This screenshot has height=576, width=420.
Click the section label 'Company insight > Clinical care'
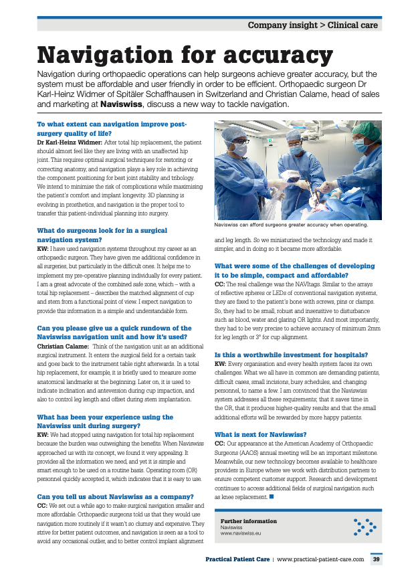312,25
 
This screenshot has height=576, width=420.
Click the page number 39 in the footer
377,559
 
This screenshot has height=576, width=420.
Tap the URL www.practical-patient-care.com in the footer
320,559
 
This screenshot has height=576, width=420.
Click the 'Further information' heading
248,520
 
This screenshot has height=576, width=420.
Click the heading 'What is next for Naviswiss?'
260,434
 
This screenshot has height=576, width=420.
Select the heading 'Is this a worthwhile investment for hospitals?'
291,354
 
